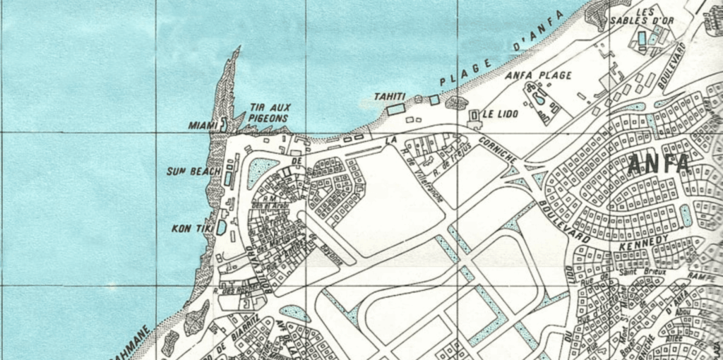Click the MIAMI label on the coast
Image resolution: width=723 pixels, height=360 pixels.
203,125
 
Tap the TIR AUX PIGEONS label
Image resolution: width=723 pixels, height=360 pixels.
270,113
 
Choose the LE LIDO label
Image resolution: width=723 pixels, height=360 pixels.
500,114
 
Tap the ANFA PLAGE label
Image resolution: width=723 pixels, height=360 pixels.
539,75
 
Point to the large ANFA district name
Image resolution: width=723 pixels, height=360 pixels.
659,164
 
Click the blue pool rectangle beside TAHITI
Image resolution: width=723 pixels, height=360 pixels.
396,109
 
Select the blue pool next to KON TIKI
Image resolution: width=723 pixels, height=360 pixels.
222,227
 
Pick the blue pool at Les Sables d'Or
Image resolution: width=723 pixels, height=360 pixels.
642,39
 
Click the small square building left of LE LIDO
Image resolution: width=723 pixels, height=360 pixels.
474,114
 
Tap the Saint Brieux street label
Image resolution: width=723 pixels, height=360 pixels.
635,272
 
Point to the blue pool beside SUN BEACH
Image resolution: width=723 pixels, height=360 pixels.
227,179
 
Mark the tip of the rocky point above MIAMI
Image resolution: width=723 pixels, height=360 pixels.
238,49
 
